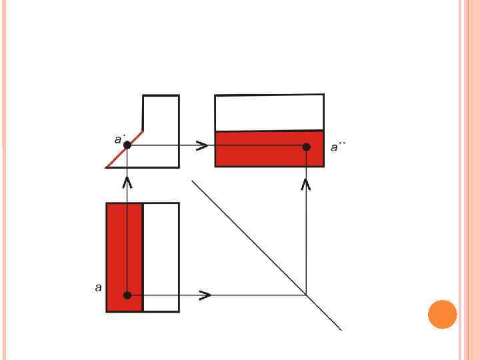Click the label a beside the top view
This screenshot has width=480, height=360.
[98, 287]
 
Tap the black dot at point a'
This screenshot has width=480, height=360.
[127, 145]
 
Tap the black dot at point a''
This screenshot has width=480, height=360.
[306, 147]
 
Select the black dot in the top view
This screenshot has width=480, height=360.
[127, 295]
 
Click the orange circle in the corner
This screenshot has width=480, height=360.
[442, 314]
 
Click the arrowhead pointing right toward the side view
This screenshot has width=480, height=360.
[201, 145]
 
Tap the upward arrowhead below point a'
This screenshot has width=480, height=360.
[127, 181]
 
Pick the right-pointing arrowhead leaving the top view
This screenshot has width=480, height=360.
[206, 295]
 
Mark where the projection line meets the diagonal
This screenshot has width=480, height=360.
[306, 295]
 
